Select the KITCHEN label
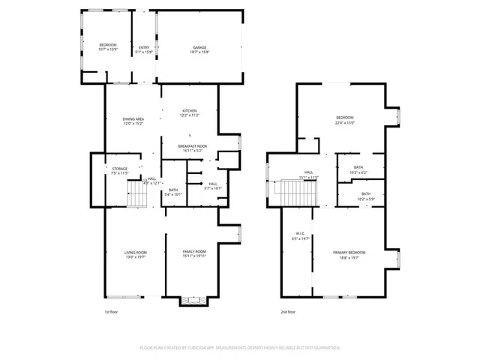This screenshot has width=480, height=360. click(189, 112)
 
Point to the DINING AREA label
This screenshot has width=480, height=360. click(133, 120)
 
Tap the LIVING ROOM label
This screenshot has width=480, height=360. click(136, 254)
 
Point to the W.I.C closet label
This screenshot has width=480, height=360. click(299, 235)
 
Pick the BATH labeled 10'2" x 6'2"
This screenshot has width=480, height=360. click(358, 169)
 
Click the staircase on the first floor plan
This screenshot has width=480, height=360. click(136, 196)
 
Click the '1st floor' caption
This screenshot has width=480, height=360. click(111, 312)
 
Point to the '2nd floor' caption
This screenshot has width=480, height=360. click(288, 312)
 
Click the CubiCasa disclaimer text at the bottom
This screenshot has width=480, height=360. click(240, 348)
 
